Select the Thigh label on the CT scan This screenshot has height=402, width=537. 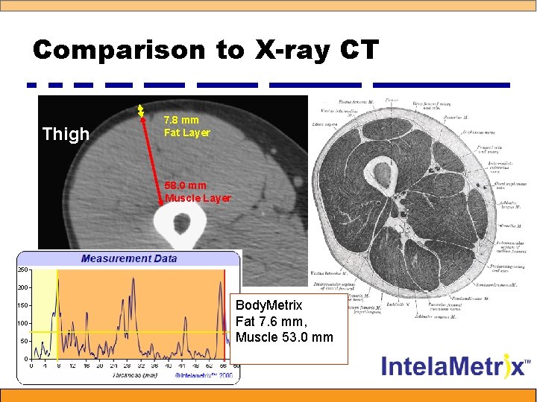pos(66,134)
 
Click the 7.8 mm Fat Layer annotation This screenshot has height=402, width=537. pos(186,126)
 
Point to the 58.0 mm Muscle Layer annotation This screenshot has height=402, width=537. pos(198,191)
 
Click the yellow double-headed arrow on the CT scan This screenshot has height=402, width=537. pos(141,112)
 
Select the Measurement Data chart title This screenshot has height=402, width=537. pos(128,258)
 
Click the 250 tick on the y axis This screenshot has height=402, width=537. pos(23,269)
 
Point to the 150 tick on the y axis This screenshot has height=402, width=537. pos(23,306)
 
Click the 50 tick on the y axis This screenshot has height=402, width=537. pos(25,342)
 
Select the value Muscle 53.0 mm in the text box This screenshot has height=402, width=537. pos(284,337)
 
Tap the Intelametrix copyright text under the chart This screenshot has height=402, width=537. pos(204,375)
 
